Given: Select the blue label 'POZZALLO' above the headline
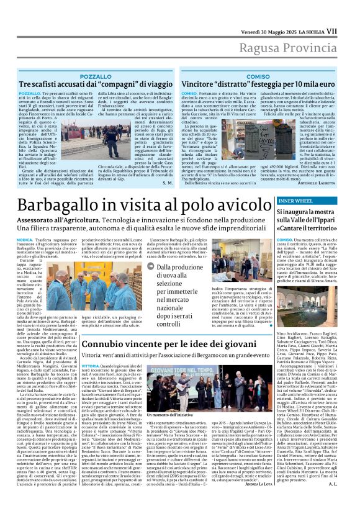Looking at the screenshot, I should click(x=96, y=76).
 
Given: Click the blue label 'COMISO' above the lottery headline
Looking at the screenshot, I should click(x=258, y=76).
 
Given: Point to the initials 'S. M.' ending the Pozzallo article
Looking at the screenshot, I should click(x=168, y=183).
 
